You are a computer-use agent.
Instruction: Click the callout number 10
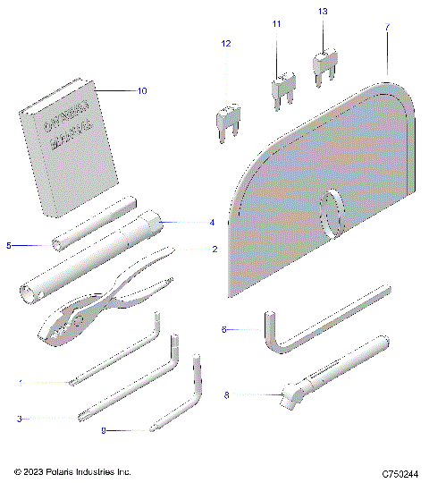141,90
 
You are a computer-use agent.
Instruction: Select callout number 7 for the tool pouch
387,28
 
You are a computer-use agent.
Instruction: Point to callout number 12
225,43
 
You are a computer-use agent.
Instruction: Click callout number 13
323,11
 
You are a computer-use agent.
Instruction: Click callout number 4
212,222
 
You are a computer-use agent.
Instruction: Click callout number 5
10,243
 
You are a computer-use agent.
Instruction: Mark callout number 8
227,394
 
